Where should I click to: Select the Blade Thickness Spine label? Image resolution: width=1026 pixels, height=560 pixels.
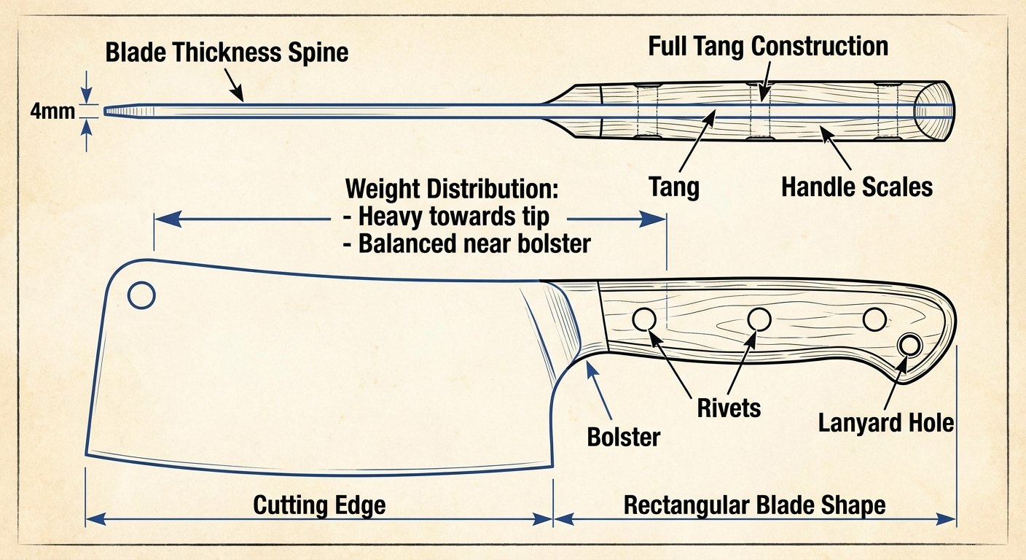tap(227, 52)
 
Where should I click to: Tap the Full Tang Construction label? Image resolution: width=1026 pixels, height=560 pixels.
tap(768, 47)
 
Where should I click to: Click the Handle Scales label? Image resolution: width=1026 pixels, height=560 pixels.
tap(856, 187)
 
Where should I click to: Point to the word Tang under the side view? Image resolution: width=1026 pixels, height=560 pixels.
tap(674, 187)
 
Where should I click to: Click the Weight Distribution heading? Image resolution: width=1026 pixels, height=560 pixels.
tap(452, 188)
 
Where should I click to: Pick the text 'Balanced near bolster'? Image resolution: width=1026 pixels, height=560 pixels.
tap(466, 243)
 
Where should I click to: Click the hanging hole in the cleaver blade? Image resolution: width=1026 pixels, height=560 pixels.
tap(141, 295)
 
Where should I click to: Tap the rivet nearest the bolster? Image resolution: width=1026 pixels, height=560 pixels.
tap(643, 319)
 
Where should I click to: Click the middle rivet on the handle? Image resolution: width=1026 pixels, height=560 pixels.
tap(759, 319)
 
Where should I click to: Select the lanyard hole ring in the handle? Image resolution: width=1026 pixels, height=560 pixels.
tap(909, 346)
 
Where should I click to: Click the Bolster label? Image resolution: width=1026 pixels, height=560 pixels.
tap(623, 437)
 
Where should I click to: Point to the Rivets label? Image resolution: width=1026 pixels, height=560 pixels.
tap(729, 408)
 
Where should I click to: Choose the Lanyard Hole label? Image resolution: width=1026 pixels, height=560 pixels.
tap(885, 422)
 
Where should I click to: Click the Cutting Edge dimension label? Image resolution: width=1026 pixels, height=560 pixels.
tap(319, 505)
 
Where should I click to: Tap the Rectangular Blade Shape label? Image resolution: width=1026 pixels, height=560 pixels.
tap(754, 505)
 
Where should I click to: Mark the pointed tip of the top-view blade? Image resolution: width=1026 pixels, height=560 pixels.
tap(108, 112)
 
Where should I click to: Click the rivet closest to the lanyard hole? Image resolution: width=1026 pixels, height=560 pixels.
tap(874, 319)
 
